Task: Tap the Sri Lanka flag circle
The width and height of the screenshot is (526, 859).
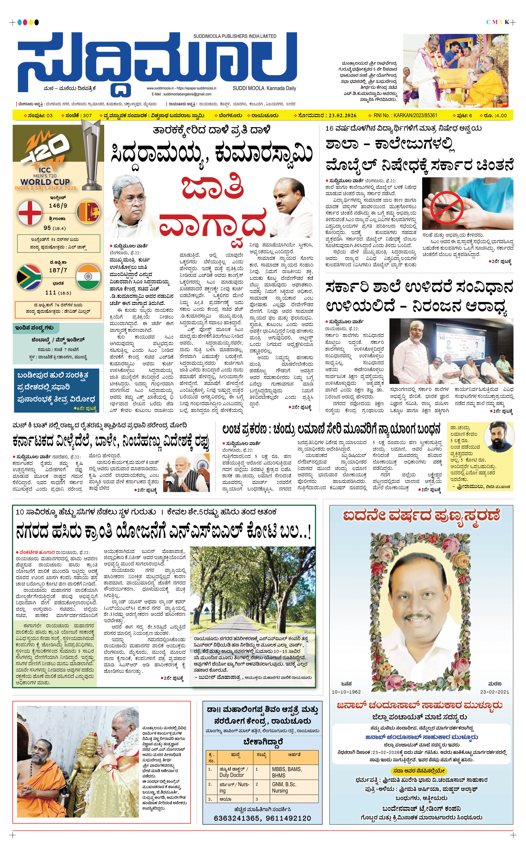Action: [88, 212]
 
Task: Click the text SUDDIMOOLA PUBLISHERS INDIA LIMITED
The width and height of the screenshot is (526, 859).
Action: [235, 36]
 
